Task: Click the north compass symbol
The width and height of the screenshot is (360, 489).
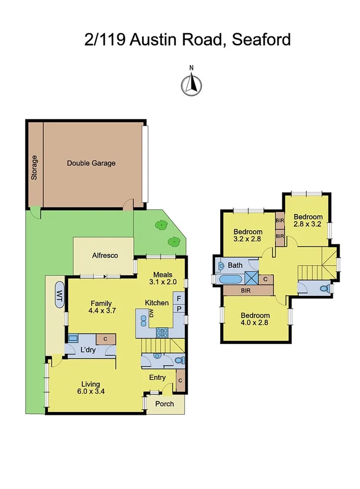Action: [x=191, y=84]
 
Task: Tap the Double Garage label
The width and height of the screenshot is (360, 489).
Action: [x=91, y=163]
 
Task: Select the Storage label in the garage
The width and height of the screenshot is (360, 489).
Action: [x=34, y=168]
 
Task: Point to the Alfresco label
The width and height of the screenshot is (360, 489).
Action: [x=103, y=256]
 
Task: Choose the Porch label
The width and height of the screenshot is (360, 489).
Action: [x=164, y=404]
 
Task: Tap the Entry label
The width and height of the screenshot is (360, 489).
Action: [x=158, y=377]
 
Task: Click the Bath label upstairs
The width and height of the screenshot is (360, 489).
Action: [x=236, y=266]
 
